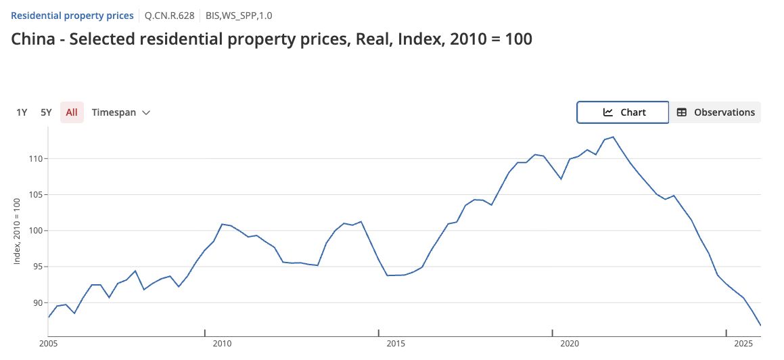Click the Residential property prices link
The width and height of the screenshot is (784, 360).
coord(72,15)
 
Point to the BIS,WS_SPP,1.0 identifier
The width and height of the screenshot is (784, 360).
coord(239,15)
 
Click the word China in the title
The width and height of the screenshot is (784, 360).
coord(33,39)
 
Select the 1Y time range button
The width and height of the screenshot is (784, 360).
coord(22,112)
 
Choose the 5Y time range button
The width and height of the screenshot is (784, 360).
coord(46,112)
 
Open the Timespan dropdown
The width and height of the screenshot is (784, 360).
coord(120,112)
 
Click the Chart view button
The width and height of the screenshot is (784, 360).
coord(623,112)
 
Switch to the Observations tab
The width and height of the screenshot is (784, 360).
coord(716,112)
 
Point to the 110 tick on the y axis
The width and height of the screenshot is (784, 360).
coord(35,158)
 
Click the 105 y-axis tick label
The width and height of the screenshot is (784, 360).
coord(35,195)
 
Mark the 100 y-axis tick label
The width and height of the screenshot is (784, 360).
coord(35,231)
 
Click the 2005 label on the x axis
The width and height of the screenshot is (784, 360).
coord(49,344)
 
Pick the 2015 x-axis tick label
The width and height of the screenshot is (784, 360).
coord(396,344)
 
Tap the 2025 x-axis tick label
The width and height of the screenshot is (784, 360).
coord(743,344)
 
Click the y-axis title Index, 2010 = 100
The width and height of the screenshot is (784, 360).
coord(17,235)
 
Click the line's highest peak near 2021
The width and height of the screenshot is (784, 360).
coord(613,137)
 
